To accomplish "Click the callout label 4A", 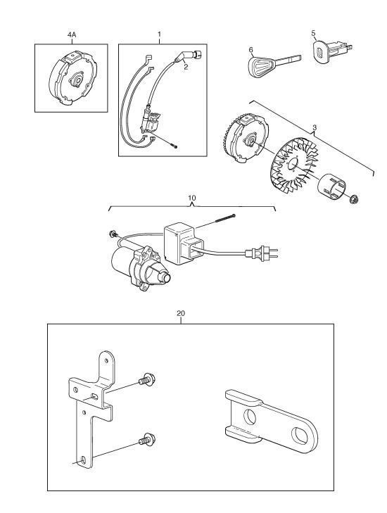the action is pos(72,34).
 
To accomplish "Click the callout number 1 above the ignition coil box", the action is pos(159,34).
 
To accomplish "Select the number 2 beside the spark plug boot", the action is pos(186,67).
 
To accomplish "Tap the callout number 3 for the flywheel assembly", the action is pos(315,127).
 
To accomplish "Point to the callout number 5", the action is pos(313,33).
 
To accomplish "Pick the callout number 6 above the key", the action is pos(251,50).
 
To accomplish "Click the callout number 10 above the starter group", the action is pos(192,198).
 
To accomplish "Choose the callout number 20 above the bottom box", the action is pos(181,313).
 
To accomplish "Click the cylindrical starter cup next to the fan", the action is pos(332,186).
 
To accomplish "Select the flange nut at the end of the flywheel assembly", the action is pos(353,199).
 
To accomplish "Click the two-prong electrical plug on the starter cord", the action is pos(262,253).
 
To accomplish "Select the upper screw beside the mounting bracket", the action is pos(147,379).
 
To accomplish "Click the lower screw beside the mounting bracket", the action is pos(147,438).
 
